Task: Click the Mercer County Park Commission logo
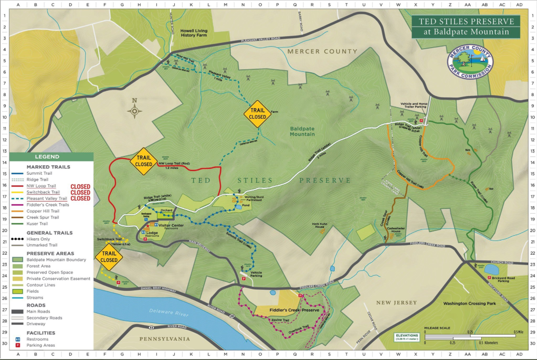click(x=470, y=62)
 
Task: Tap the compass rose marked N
click(x=135, y=110)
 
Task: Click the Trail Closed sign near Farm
click(x=257, y=114)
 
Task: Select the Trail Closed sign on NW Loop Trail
click(x=143, y=161)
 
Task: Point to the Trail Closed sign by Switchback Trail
click(x=109, y=257)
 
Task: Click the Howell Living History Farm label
click(x=194, y=33)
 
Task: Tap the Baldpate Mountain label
click(x=302, y=131)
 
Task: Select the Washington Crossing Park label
click(x=469, y=303)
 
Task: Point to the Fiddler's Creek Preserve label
click(x=297, y=310)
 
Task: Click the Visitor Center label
click(x=171, y=225)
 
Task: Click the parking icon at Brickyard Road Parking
click(x=490, y=278)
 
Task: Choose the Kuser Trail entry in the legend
click(x=37, y=224)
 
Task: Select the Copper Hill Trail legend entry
click(x=43, y=211)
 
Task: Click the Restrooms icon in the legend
click(x=18, y=339)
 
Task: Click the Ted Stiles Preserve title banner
click(x=466, y=27)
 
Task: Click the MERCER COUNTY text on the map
click(x=323, y=51)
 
